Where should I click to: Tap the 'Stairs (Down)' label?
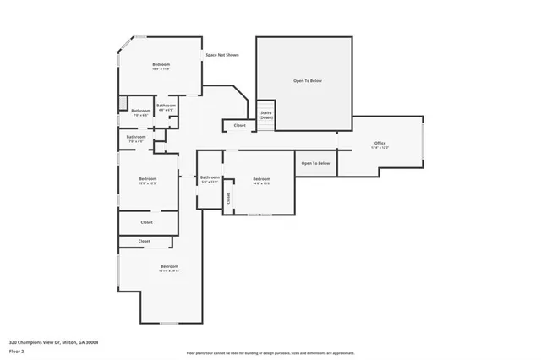266,115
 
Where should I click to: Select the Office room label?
380,144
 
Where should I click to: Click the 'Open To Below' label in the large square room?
308,81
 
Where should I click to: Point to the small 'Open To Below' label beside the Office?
315,163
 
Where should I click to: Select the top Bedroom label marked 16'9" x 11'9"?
161,66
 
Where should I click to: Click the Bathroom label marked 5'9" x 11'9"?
209,178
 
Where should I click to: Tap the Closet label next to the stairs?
239,126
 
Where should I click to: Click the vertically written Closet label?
227,198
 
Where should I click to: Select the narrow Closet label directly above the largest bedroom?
145,241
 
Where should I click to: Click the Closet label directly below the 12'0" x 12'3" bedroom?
147,221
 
